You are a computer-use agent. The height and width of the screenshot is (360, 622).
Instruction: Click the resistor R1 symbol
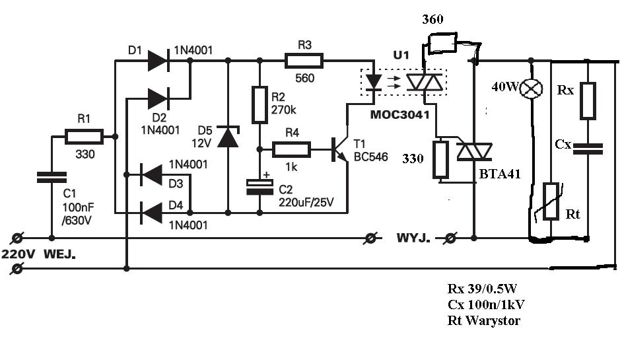pos(84,137)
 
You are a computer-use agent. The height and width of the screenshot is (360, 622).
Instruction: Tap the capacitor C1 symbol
pos(52,178)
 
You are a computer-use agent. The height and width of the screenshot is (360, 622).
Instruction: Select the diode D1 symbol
pos(158,61)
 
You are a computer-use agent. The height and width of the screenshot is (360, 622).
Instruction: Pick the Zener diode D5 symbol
pos(228,137)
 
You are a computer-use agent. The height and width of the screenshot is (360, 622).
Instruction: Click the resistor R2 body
pos(260,105)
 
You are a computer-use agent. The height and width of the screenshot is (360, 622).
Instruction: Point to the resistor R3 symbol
pos(304,61)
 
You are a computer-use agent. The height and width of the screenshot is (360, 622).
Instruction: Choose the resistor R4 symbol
pos(291,149)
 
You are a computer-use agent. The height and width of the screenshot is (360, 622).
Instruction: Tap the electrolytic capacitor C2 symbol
pos(260,187)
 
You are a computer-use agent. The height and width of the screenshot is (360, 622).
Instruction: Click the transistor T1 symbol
pos(339,150)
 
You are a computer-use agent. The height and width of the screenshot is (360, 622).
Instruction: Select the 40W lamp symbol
pos(531,89)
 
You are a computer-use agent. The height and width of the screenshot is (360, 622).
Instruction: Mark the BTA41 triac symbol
pos(475,152)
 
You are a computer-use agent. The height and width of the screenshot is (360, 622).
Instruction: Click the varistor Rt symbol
pos(551,201)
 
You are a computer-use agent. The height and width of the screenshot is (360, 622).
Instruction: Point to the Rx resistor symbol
pos(588,101)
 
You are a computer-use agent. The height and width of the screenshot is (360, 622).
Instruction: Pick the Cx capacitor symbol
pos(588,149)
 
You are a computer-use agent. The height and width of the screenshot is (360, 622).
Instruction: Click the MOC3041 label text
pos(400,115)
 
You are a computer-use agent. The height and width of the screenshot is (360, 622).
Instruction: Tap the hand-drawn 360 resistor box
pos(442,43)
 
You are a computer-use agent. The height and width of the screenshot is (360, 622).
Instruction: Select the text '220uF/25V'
pos(306,202)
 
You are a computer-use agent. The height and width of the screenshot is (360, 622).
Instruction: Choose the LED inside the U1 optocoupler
pos(373,82)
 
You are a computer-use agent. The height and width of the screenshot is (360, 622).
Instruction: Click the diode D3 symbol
pos(151,174)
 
